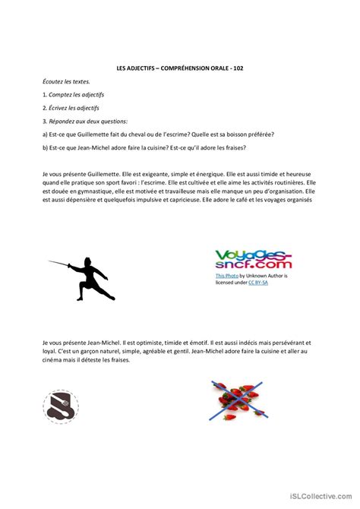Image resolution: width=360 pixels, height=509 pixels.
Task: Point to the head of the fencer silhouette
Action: click(89, 262)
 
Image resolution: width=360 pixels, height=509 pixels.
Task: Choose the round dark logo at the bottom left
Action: click(59, 406)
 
